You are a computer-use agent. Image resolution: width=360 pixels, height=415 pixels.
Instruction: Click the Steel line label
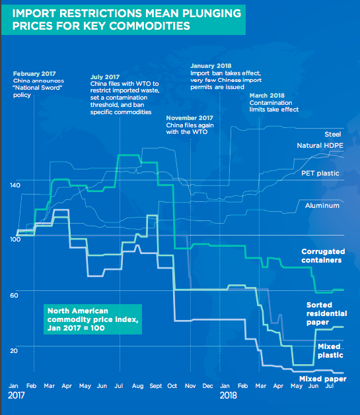tap(333, 134)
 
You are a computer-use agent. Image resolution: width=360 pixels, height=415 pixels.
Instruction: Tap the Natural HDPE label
tap(320, 146)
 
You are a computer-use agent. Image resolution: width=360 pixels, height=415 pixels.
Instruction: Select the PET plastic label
tap(320, 174)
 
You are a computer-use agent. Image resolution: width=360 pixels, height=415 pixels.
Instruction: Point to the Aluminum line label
tap(322, 205)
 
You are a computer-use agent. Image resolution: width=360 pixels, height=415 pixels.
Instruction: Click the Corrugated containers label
tap(323, 256)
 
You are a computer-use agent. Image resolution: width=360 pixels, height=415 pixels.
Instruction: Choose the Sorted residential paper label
tap(326, 313)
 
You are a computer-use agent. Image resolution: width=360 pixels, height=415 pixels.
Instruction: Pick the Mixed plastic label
tap(330, 351)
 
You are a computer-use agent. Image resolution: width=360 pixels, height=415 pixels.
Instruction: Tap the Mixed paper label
tap(322, 379)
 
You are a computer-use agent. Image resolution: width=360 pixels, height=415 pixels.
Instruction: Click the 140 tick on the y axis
tap(15, 185)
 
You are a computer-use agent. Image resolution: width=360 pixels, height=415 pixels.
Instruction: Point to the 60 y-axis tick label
tap(14, 296)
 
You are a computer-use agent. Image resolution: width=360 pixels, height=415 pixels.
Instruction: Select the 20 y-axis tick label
tap(14, 351)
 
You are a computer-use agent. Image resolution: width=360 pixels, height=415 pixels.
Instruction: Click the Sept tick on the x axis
tap(156, 386)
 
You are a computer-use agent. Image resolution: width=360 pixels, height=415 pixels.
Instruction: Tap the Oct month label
tap(172, 386)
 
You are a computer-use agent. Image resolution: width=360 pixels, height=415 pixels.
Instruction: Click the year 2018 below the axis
tap(228, 395)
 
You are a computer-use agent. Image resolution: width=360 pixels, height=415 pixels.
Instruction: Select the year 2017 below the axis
tap(16, 395)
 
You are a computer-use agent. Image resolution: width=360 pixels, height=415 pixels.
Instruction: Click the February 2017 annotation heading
tap(34, 74)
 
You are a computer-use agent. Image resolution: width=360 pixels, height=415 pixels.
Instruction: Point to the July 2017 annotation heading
tap(105, 77)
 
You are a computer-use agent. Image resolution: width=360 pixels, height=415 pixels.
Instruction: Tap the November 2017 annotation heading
tap(190, 118)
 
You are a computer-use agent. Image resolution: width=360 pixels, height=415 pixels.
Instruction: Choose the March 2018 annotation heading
tap(267, 96)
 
